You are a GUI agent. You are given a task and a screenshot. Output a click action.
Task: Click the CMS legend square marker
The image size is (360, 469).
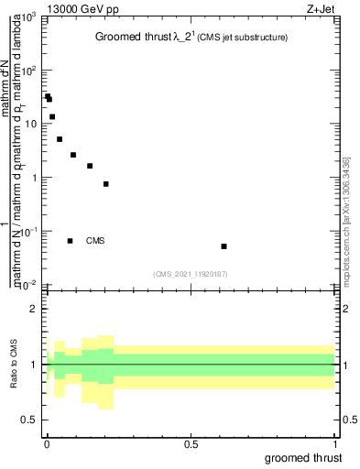pyautogui.click(x=71, y=241)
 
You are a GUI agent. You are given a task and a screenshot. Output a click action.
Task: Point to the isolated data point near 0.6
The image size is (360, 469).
pyautogui.click(x=224, y=246)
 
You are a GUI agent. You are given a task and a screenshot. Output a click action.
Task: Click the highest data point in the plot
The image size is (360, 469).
pyautogui.click(x=48, y=95)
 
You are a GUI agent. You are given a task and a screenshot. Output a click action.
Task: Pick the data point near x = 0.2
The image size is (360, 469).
pyautogui.click(x=106, y=184)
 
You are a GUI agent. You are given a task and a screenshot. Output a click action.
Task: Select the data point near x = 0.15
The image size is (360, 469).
pyautogui.click(x=90, y=166)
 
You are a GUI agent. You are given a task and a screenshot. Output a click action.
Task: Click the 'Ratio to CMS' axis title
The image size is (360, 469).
pyautogui.click(x=16, y=365)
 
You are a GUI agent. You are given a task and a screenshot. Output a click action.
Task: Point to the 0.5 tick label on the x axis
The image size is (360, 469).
pyautogui.click(x=191, y=444)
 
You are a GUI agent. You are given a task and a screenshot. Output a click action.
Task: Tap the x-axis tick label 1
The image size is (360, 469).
pyautogui.click(x=334, y=444)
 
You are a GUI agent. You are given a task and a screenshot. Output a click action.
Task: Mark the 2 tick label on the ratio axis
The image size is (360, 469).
pyautogui.click(x=34, y=309)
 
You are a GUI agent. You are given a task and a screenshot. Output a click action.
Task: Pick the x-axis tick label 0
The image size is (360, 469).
pyautogui.click(x=47, y=444)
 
